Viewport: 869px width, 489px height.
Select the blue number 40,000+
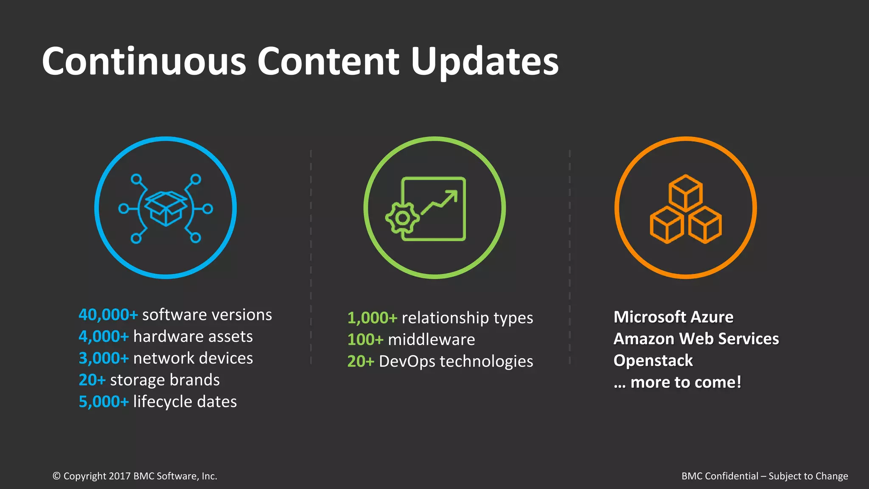pos(108,315)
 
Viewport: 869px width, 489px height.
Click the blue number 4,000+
pos(104,337)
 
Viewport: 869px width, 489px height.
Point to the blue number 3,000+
pos(104,358)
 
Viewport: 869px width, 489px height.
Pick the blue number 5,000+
pos(104,402)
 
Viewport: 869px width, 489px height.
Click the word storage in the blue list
pos(135,380)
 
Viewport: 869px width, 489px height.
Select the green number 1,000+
pos(372,318)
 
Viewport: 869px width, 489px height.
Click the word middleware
pos(431,340)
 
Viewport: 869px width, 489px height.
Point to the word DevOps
pos(407,361)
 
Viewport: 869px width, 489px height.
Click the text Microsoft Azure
pos(673,317)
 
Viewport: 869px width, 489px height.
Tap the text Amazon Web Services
pos(696,339)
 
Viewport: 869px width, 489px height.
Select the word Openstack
pos(653,360)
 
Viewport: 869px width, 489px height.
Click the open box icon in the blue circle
pos(165,208)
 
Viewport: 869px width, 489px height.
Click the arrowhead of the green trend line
pos(453,196)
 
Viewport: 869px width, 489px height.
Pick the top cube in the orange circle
pos(685,192)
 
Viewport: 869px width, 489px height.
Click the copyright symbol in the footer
pos(56,476)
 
